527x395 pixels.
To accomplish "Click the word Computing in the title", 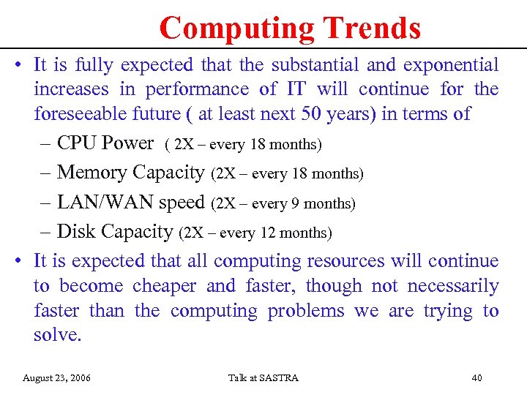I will (x=236, y=29).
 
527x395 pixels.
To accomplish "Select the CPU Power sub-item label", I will (x=105, y=143).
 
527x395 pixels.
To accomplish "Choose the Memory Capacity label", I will (x=130, y=173).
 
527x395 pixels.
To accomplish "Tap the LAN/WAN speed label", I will (x=130, y=203).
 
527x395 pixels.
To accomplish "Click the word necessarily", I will (x=452, y=286).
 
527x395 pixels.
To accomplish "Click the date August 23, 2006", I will (x=57, y=378).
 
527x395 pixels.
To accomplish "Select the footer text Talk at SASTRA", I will (x=263, y=378).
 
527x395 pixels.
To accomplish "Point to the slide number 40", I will (x=476, y=378).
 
